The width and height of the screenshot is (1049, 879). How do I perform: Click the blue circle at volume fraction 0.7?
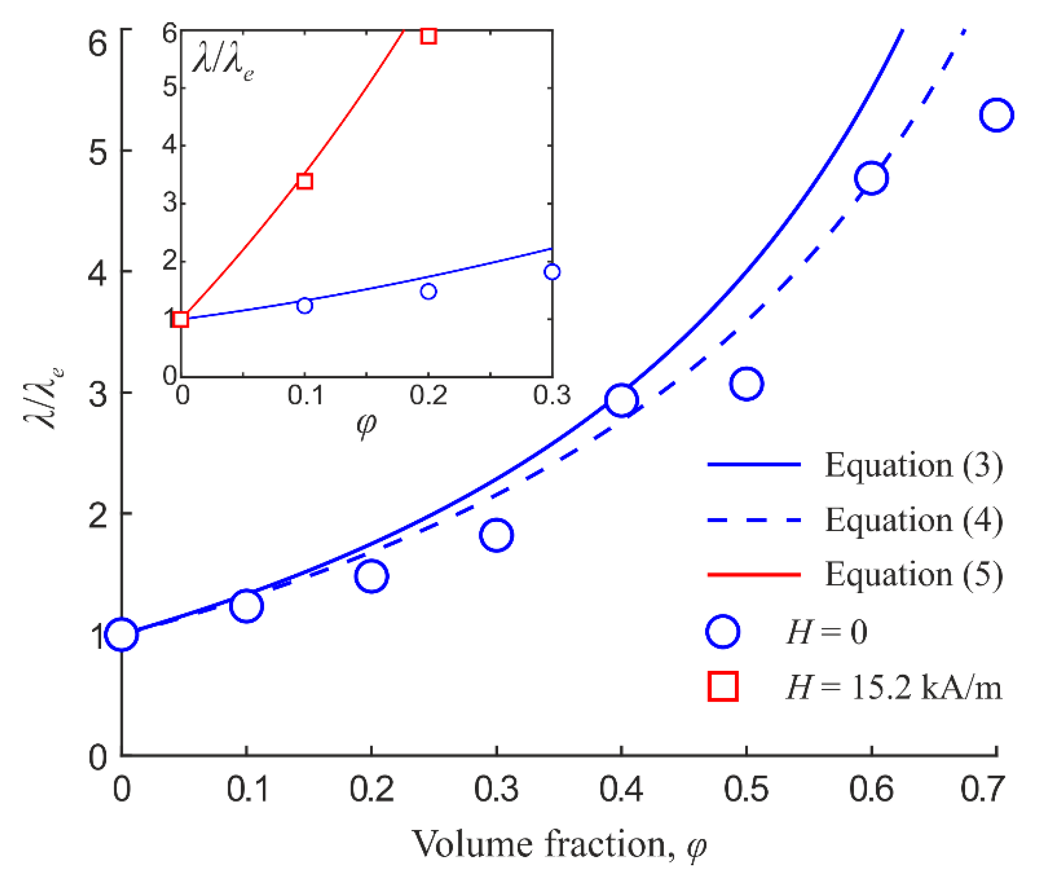pos(996,115)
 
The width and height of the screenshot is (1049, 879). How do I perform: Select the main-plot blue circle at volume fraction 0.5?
pos(746,384)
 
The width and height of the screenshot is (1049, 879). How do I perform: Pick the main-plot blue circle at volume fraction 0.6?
pos(871,178)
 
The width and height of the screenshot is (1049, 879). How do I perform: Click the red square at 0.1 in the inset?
pos(305,181)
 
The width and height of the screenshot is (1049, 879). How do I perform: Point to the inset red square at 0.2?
pos(428,36)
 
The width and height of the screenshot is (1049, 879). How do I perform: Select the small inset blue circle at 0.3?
pos(552,272)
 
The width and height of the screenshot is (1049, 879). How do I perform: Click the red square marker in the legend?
pos(723,687)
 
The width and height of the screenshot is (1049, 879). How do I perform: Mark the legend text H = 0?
pos(826,632)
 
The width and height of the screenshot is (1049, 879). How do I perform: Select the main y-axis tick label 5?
pos(98,151)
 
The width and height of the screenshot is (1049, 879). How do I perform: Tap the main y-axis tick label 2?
pos(98,513)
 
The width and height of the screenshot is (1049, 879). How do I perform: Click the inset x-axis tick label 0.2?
pos(428,395)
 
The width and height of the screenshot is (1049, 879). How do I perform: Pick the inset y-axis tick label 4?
pos(170,145)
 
